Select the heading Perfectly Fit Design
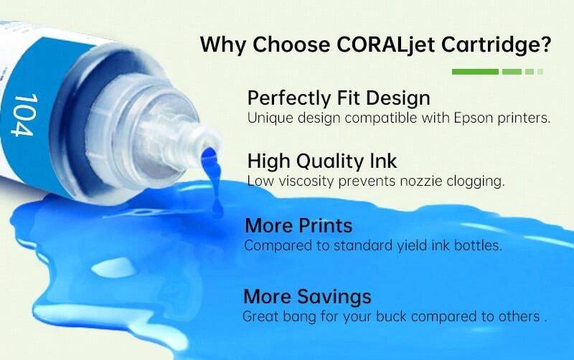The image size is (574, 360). point(339,97)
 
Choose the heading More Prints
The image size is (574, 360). point(298,225)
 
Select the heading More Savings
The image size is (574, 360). point(307,296)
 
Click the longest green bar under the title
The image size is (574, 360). point(475,72)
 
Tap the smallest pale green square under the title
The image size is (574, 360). point(540,72)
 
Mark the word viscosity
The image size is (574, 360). point(303,181)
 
